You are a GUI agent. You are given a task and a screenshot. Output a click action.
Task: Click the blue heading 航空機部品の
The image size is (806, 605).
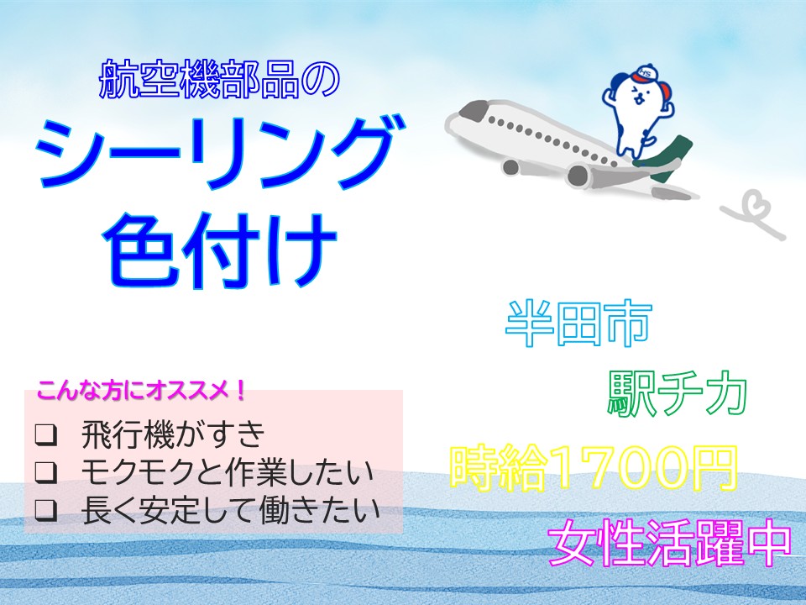click(219, 80)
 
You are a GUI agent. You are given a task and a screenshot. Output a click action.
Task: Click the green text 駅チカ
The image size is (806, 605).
click(677, 393)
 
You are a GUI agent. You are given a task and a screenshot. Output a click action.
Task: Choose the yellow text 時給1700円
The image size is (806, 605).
click(594, 468)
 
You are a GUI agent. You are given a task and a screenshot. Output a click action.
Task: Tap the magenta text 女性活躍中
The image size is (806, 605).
click(669, 543)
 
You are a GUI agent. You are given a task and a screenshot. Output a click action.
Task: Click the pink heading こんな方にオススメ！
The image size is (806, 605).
click(141, 391)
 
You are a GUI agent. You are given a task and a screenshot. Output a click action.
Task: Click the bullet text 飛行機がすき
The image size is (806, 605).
click(173, 434)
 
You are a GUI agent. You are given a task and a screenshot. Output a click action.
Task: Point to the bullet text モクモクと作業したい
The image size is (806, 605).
click(228, 471)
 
